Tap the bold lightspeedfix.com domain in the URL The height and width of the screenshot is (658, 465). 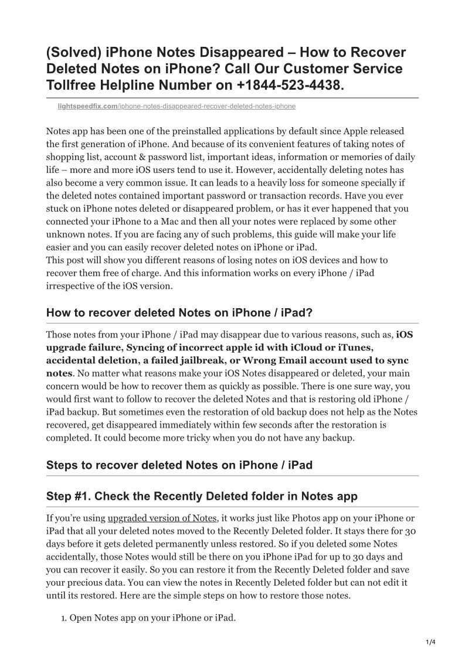pyautogui.click(x=79, y=107)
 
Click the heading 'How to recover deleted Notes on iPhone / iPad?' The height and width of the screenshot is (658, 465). pyautogui.click(x=179, y=313)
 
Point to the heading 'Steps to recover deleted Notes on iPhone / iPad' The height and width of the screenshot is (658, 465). pyautogui.click(x=179, y=465)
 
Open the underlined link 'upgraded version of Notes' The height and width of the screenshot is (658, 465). pyautogui.click(x=162, y=519)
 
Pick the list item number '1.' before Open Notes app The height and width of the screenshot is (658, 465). pyautogui.click(x=65, y=618)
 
